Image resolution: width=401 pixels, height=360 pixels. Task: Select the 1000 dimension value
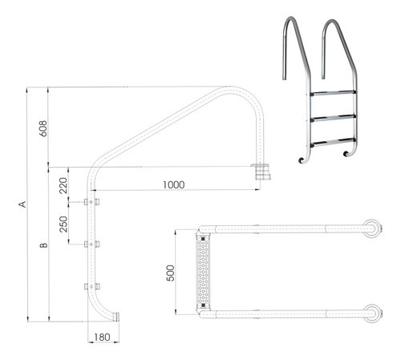(x=172, y=184)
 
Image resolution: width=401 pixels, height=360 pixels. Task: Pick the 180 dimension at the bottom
(x=101, y=338)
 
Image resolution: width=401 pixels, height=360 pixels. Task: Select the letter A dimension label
(x=23, y=205)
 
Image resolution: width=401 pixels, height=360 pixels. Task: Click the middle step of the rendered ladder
(x=330, y=119)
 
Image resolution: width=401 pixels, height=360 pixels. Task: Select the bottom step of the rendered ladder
(x=330, y=142)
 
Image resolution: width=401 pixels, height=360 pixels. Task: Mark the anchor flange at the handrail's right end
(x=261, y=172)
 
